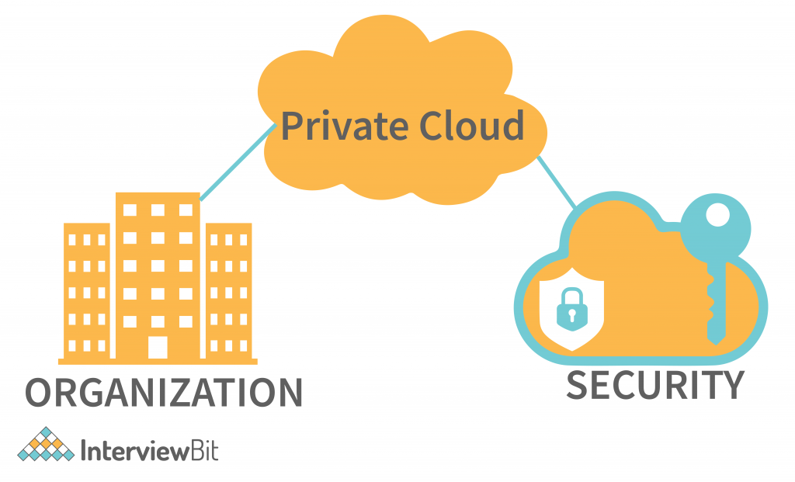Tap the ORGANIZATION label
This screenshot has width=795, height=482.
click(x=164, y=393)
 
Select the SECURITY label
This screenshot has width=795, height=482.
click(x=654, y=385)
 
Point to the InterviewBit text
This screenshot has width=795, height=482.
click(x=149, y=450)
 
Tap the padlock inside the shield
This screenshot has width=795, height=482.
click(x=571, y=308)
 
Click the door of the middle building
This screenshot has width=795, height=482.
click(x=158, y=346)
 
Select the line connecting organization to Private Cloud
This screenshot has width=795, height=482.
click(x=237, y=163)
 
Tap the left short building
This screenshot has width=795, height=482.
click(x=87, y=292)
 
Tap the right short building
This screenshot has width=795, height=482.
click(x=228, y=292)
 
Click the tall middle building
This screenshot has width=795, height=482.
click(x=158, y=264)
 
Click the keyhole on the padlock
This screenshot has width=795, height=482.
click(x=571, y=315)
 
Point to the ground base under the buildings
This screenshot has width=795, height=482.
click(x=158, y=361)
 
